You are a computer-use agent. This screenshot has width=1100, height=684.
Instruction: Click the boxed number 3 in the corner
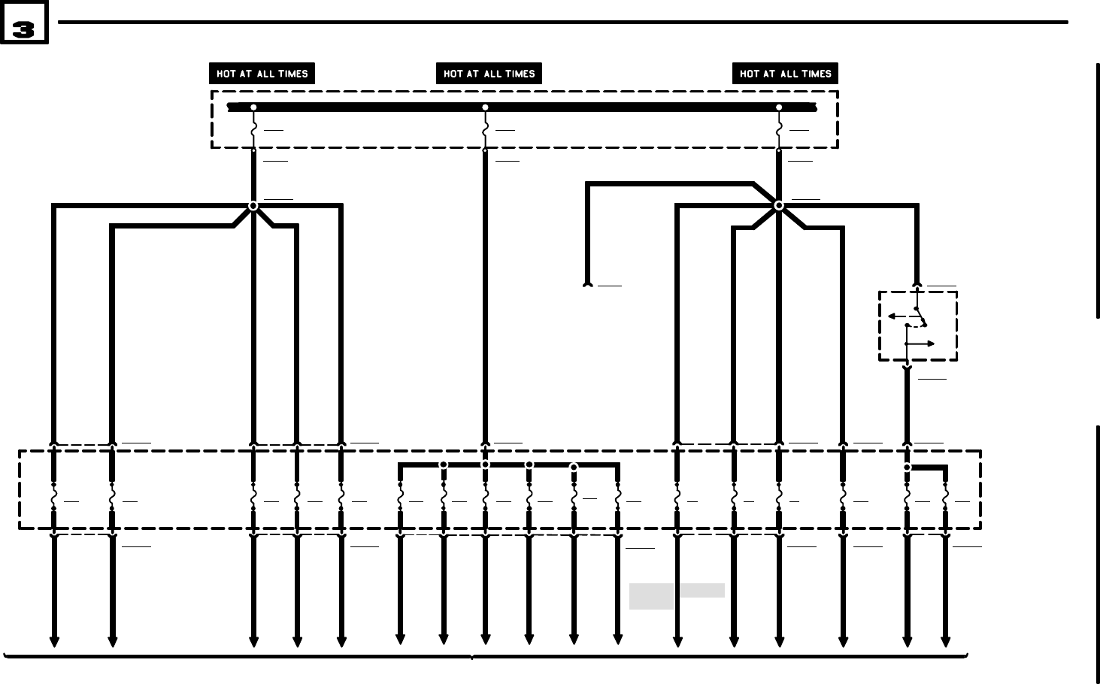pyautogui.click(x=24, y=23)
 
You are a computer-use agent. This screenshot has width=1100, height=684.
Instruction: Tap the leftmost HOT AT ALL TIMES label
pyautogui.click(x=262, y=74)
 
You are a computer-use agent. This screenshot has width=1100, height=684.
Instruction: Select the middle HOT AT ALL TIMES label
pyautogui.click(x=489, y=74)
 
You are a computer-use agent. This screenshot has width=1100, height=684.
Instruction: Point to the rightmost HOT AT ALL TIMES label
pyautogui.click(x=785, y=74)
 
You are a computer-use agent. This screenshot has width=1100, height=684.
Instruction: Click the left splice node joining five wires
pyautogui.click(x=253, y=206)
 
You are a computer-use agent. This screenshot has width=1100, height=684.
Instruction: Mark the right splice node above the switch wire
pyautogui.click(x=779, y=205)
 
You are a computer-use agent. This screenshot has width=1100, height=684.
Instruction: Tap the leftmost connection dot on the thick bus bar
pyautogui.click(x=253, y=107)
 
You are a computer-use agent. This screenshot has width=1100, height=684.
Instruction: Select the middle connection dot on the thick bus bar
pyautogui.click(x=485, y=107)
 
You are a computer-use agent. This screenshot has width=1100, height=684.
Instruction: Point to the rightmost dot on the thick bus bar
pyautogui.click(x=779, y=107)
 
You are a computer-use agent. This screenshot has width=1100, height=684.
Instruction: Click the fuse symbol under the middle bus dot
pyautogui.click(x=485, y=129)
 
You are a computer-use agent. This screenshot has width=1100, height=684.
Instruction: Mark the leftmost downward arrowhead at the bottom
pyautogui.click(x=54, y=641)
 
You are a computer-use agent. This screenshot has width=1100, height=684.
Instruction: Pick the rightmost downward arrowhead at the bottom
pyautogui.click(x=945, y=641)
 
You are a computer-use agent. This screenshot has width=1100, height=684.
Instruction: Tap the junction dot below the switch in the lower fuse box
pyautogui.click(x=908, y=468)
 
